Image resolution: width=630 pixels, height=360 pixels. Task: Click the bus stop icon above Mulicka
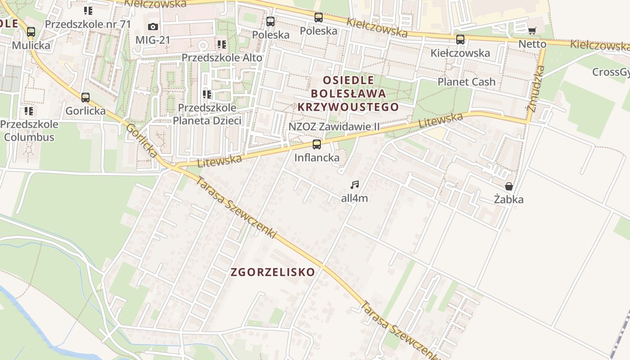click(x=31, y=32)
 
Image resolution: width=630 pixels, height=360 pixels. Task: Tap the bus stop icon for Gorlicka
click(x=85, y=97)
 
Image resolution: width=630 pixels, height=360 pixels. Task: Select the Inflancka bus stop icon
click(x=317, y=144)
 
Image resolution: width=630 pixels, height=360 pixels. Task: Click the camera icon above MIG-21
click(x=153, y=27)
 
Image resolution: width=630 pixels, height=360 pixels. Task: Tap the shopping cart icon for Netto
click(x=532, y=31)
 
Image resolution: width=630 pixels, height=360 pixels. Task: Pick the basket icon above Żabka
click(x=509, y=186)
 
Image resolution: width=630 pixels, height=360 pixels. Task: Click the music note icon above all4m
click(x=355, y=184)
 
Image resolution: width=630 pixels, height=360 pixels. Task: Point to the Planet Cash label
click(x=466, y=82)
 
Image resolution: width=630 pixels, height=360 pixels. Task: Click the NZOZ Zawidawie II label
click(x=334, y=126)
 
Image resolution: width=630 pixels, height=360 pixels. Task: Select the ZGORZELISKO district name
click(x=273, y=272)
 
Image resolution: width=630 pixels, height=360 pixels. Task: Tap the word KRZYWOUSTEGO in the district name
click(x=348, y=107)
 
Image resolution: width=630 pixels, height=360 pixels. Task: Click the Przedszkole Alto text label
click(x=222, y=58)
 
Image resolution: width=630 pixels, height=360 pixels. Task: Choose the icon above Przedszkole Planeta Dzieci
click(x=207, y=94)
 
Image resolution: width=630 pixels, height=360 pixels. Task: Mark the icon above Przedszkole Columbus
click(x=29, y=111)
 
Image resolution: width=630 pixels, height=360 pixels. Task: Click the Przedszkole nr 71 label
click(x=88, y=24)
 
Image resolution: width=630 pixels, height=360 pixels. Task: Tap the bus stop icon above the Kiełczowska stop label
click(x=460, y=40)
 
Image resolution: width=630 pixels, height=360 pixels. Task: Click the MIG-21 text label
click(x=153, y=40)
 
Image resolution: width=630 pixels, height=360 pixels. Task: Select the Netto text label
click(x=532, y=44)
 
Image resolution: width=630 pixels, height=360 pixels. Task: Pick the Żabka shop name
click(x=509, y=199)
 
